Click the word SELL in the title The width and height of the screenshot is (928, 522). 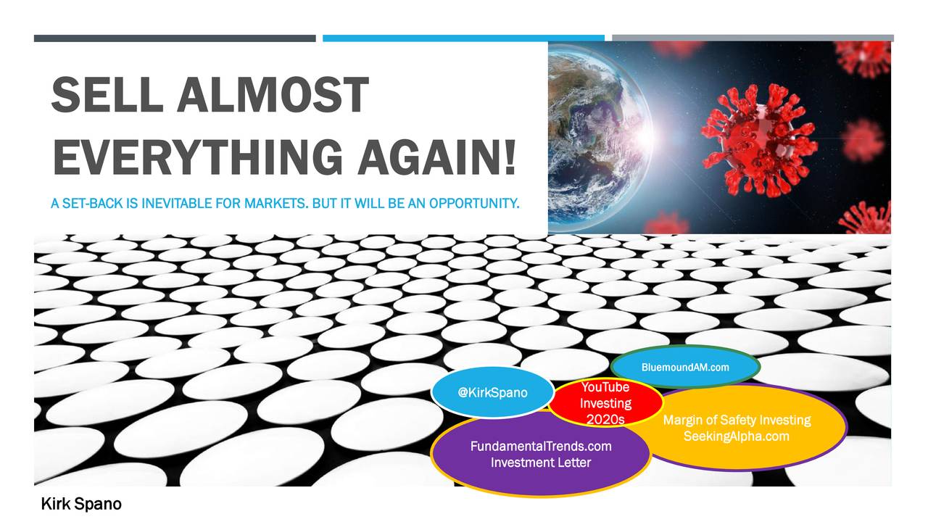[107, 95]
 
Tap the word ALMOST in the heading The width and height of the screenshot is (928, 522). [273, 95]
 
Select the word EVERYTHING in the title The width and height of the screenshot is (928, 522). [198, 157]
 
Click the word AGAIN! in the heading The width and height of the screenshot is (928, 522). [437, 157]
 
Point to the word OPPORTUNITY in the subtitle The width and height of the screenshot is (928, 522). [474, 204]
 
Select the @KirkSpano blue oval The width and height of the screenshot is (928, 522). [492, 392]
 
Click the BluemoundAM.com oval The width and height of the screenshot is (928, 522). [685, 367]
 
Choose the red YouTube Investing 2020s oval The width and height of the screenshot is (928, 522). [605, 402]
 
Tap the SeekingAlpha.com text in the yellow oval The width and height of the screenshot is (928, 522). [736, 436]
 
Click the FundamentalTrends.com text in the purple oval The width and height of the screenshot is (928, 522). [541, 446]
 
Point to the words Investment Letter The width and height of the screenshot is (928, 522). [541, 463]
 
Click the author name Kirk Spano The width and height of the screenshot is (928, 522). [81, 504]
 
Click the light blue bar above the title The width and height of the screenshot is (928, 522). [463, 38]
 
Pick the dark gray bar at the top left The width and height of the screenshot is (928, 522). [175, 38]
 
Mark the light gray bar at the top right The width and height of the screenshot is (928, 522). [753, 38]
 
